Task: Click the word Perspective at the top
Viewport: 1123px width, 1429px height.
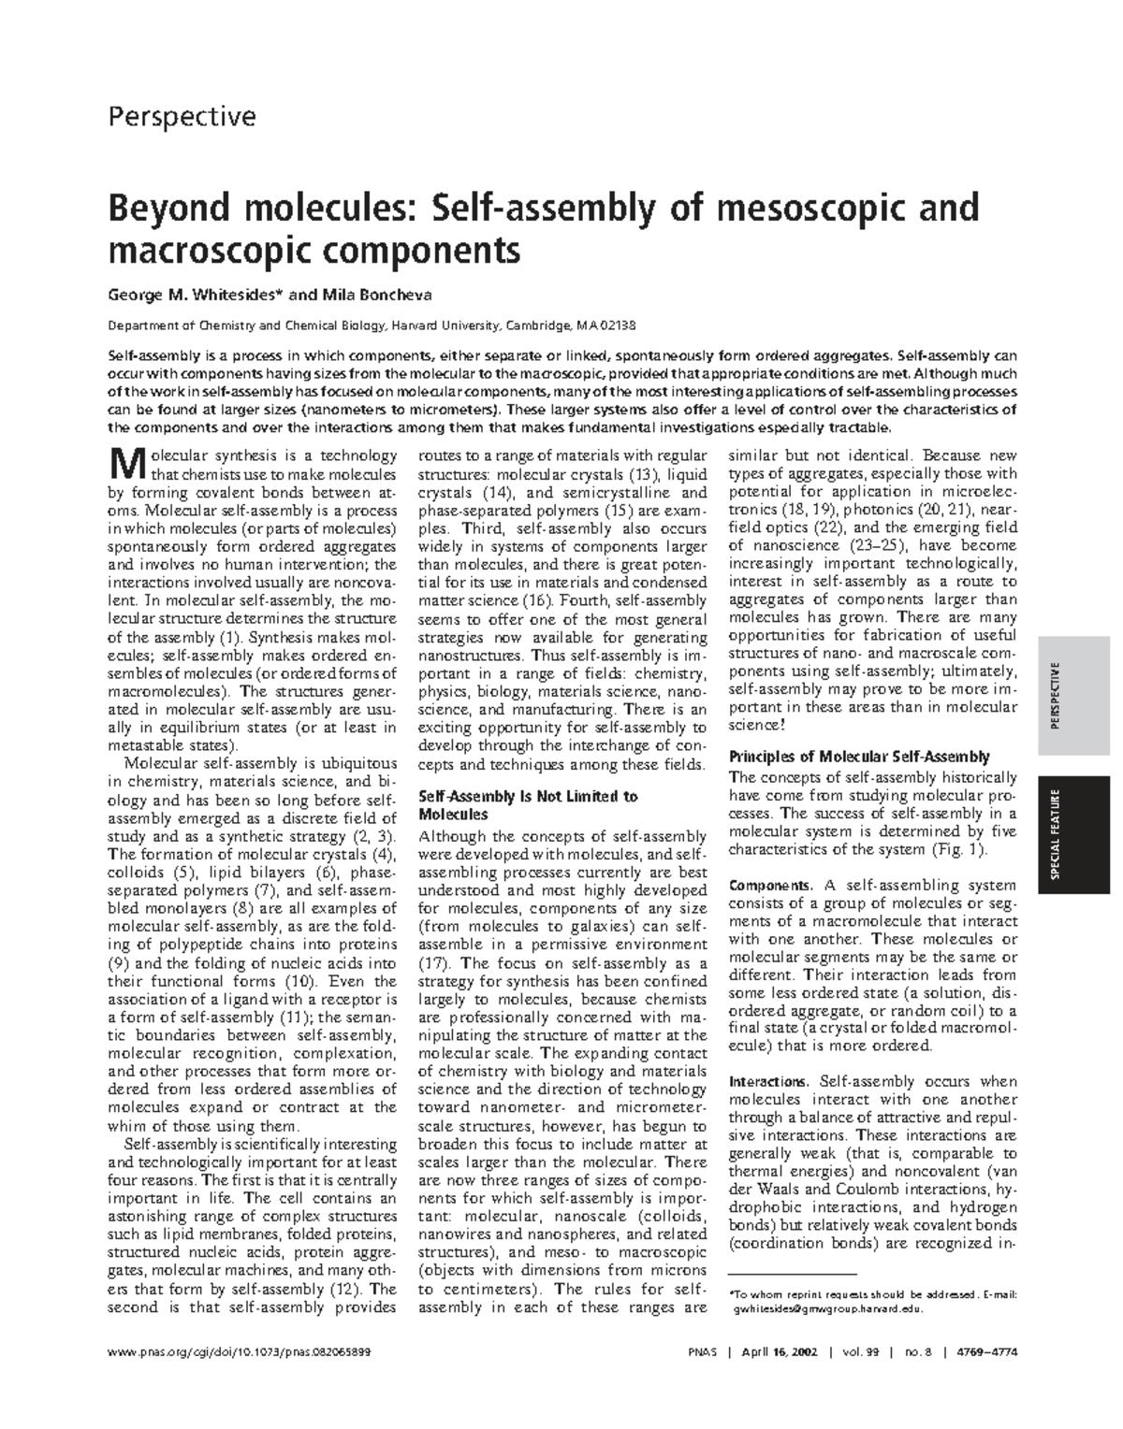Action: pos(182,117)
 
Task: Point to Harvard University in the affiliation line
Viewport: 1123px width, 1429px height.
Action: pos(446,325)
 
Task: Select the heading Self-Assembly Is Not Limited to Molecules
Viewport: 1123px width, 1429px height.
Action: pos(527,805)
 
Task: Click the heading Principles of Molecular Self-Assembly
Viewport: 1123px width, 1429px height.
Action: pos(858,757)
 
